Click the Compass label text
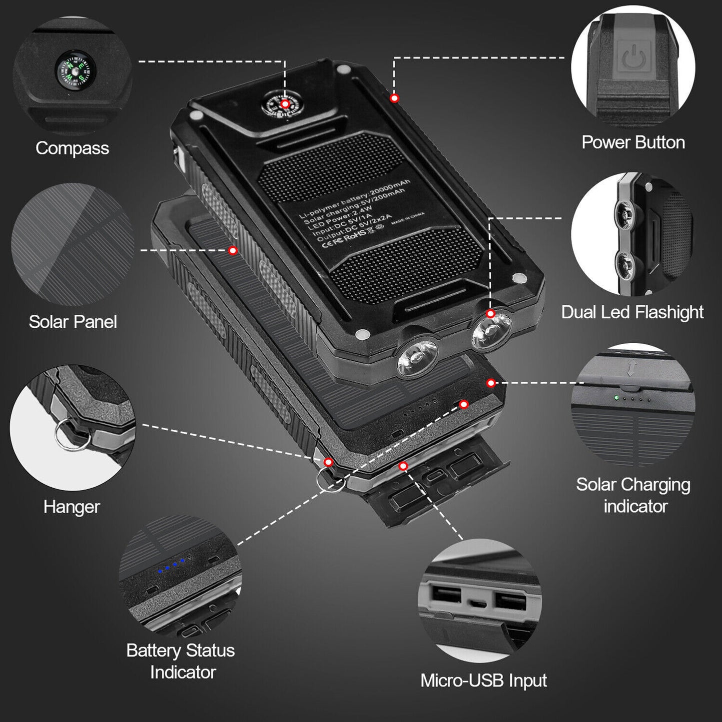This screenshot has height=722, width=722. (72, 148)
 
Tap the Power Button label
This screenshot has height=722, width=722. (633, 142)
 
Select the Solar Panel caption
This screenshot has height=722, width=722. (72, 322)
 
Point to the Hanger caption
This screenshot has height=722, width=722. (71, 507)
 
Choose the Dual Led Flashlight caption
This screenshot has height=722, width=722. (633, 312)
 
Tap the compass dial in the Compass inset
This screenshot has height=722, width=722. (75, 71)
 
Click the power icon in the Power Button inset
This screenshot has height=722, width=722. (633, 56)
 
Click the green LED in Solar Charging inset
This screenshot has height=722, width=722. (616, 397)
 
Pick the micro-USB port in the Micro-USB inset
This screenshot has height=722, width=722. (478, 604)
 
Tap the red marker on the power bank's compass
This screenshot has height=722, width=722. (285, 104)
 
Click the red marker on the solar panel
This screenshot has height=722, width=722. (233, 250)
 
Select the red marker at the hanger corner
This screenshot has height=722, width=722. (328, 462)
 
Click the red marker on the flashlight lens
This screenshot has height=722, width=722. (491, 313)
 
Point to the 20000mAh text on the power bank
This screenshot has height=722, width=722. (390, 188)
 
